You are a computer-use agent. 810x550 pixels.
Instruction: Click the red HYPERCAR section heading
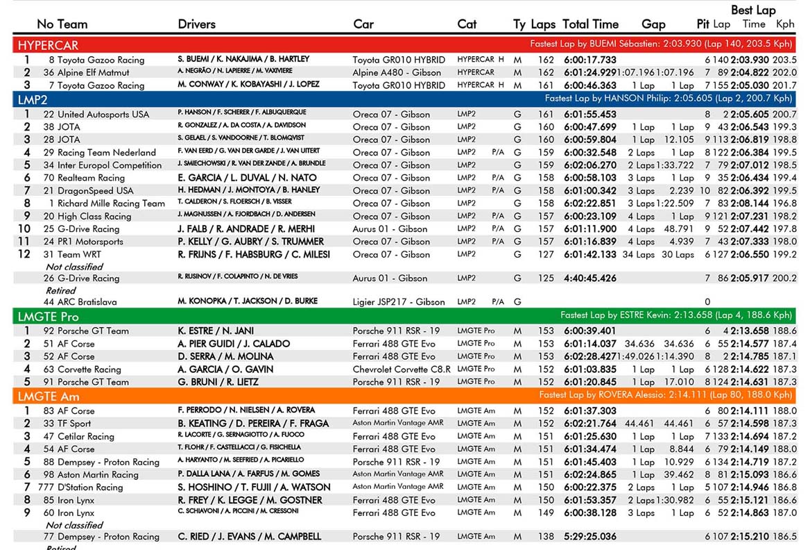48,45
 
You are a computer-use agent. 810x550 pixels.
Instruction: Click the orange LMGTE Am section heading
49,397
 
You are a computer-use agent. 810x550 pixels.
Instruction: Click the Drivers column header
196,24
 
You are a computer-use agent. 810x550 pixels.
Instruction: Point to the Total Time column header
590,24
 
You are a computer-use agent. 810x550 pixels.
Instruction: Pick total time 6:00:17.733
589,60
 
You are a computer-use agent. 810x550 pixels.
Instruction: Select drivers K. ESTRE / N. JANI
216,331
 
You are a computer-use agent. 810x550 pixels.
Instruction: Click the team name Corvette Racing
89,369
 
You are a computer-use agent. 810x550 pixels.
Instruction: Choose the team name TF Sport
74,424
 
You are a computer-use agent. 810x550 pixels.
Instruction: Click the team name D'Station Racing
90,487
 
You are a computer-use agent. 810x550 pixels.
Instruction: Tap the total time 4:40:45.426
589,278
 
